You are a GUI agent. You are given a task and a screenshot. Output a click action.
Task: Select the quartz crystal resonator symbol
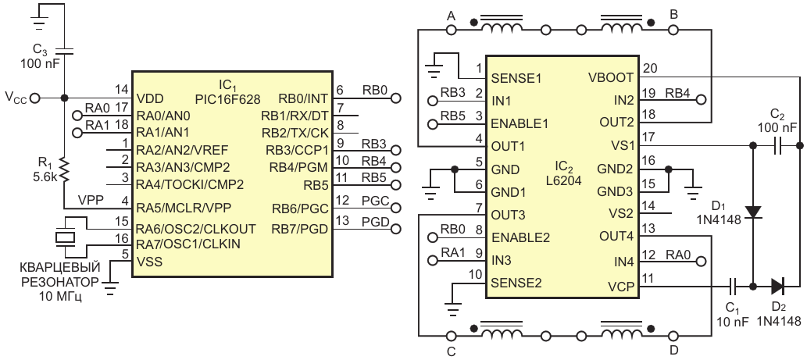(x=65, y=237)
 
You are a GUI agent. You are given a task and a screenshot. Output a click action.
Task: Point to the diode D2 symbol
(x=778, y=284)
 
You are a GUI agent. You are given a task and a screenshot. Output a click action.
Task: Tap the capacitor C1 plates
(x=734, y=284)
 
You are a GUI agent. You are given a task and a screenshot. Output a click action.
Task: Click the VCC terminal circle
(x=35, y=98)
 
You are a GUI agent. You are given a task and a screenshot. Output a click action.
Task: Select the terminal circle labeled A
(x=452, y=30)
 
